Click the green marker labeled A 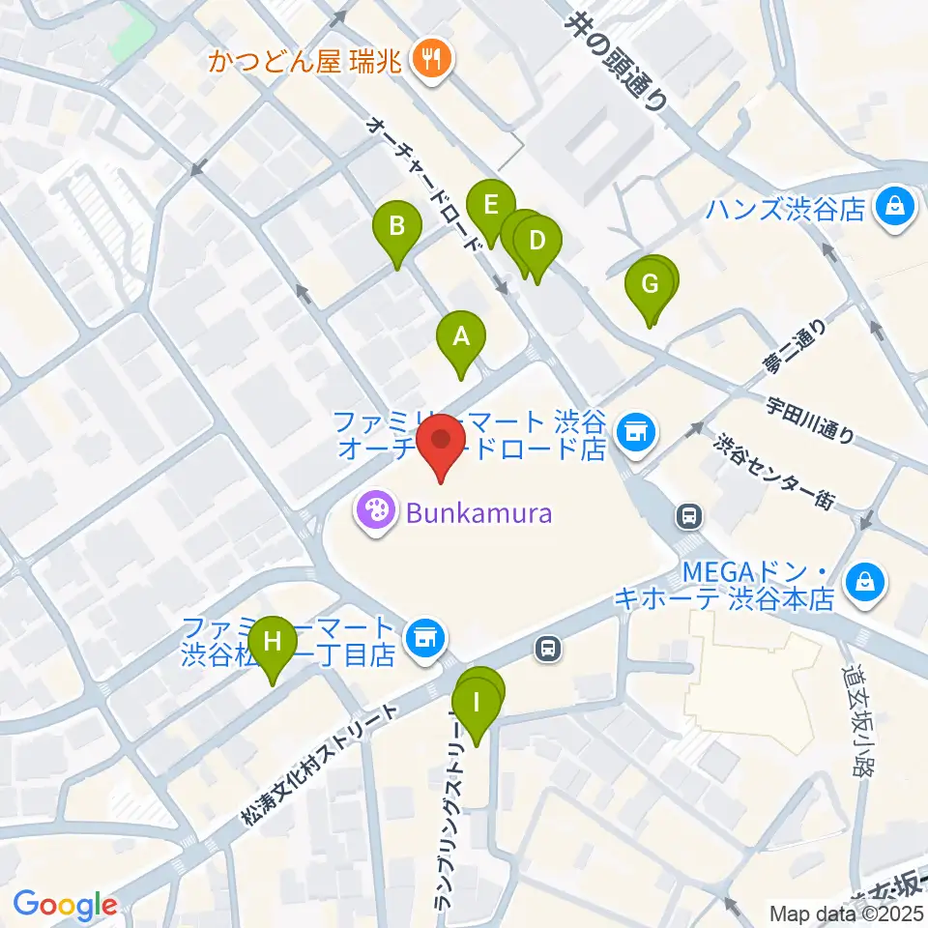[461, 338]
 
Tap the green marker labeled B [397, 228]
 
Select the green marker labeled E [490, 205]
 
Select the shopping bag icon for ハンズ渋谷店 [895, 207]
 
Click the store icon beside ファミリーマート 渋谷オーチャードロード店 [635, 427]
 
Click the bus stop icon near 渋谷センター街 [689, 517]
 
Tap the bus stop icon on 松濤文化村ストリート [548, 649]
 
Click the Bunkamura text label [478, 512]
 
